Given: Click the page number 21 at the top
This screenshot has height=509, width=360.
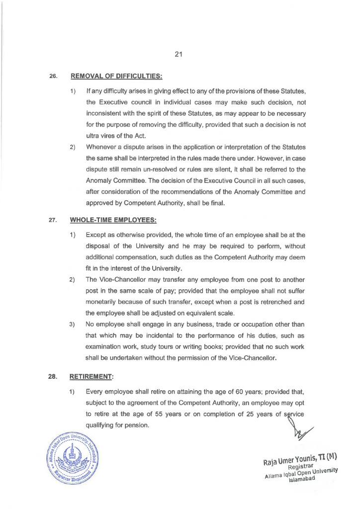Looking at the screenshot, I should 180,55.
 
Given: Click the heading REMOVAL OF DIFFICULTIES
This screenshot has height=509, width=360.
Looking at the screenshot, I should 117,77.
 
